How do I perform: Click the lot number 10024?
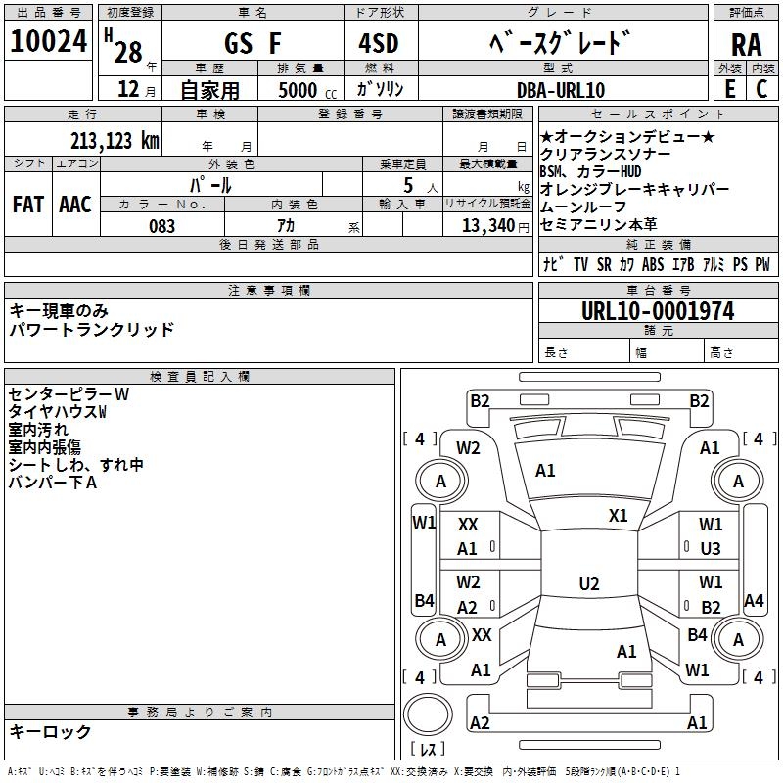48,41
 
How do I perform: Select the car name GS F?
253,43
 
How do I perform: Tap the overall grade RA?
746,45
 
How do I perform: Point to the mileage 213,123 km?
115,141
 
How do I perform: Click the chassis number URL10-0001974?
658,311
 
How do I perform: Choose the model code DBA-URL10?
560,90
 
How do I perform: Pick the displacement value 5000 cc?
307,90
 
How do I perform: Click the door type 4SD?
378,43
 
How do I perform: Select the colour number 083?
161,226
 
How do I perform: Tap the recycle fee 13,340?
488,226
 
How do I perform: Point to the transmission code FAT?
28,205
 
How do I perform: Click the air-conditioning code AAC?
75,205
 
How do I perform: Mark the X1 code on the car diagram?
618,515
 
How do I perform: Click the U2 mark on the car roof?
589,583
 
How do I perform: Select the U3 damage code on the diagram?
711,549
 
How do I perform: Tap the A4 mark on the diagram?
754,601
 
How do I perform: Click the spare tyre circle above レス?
428,714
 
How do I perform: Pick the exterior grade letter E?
729,89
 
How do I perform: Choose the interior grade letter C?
761,89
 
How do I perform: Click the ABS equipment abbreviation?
653,264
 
